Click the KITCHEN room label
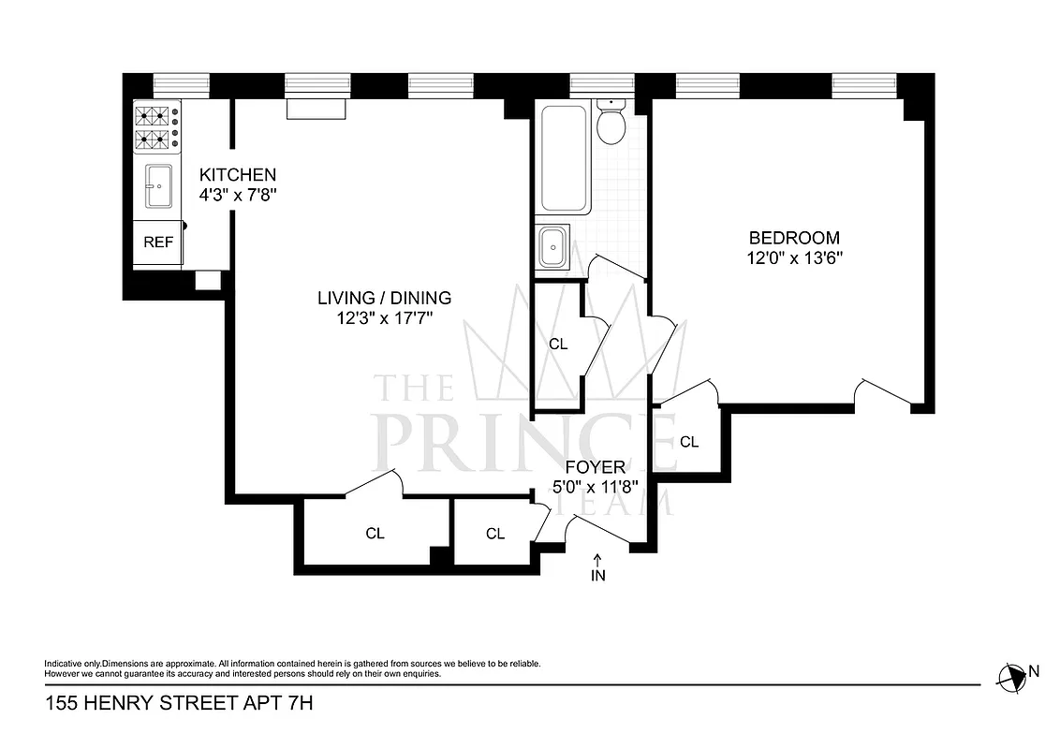(238, 175)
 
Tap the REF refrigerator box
(158, 242)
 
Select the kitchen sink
(158, 187)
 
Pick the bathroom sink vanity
(553, 248)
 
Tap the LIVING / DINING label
(384, 299)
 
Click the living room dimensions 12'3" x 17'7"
(384, 319)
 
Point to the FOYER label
(595, 467)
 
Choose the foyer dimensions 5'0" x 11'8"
(595, 488)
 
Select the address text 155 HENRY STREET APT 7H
(178, 702)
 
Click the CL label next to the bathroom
(558, 344)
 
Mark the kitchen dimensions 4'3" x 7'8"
(238, 196)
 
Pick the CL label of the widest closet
(375, 534)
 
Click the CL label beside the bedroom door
(689, 442)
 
